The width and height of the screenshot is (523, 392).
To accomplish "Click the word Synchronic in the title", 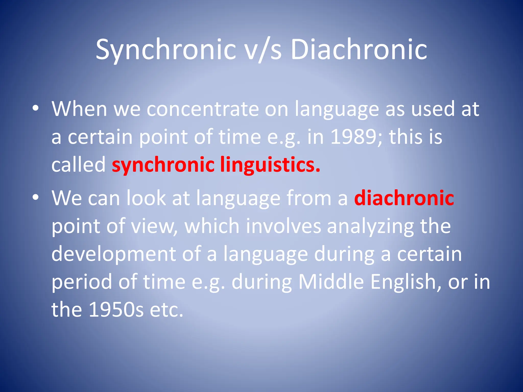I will point(166,50).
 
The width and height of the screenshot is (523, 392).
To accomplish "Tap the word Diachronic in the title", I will point(359,50).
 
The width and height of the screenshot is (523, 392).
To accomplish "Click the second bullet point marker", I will point(35,198).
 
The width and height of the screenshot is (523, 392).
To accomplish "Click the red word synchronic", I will point(163,165).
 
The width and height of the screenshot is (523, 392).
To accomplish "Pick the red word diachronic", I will point(404,198).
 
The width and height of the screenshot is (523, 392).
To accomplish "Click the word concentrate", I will point(203,109).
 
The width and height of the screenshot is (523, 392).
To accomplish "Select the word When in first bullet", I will point(79,109).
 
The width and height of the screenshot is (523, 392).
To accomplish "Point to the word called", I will point(78,165).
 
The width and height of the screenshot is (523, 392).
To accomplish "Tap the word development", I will point(114,254).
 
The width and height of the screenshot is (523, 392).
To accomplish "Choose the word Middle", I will point(331,282).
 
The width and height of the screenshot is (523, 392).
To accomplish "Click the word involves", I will point(283,226).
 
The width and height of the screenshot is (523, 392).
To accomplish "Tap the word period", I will point(82,282).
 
